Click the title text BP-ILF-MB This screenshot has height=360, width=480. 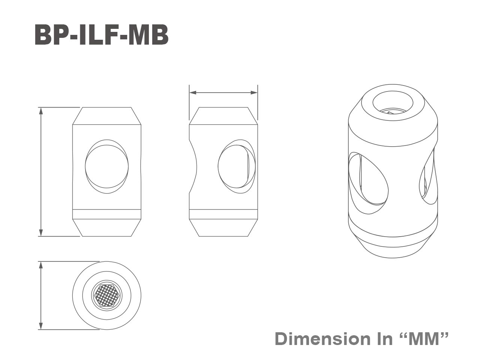(101, 36)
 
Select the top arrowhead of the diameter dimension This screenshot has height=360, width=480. (41, 265)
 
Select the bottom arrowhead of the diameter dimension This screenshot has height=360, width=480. (41, 326)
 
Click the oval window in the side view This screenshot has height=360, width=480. (236, 167)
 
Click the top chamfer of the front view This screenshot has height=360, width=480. (107, 116)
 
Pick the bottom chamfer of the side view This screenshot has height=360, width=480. (223, 228)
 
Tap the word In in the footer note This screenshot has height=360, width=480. (382, 339)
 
